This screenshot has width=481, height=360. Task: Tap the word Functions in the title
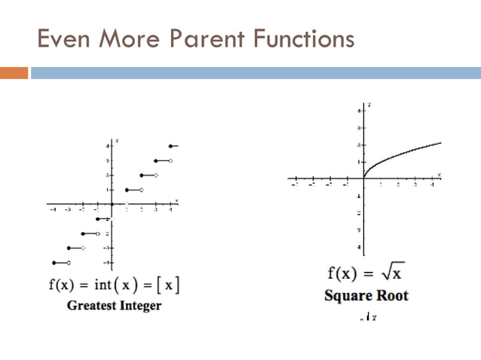(299, 38)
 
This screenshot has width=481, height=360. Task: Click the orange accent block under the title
(14, 73)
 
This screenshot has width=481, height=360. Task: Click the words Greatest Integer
(114, 306)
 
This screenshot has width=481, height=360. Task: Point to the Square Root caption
(366, 294)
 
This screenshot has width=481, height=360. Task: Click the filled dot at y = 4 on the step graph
(171, 145)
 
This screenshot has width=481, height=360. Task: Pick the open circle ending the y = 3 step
(170, 160)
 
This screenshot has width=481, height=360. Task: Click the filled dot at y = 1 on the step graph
(127, 190)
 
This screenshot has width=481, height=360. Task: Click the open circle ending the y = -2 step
(98, 233)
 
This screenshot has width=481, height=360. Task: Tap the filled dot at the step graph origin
(112, 204)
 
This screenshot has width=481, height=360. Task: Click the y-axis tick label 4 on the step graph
(107, 145)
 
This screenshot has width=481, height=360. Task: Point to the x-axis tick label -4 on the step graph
(54, 211)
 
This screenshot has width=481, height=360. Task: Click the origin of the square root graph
(363, 179)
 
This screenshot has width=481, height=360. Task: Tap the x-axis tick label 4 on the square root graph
(432, 185)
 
